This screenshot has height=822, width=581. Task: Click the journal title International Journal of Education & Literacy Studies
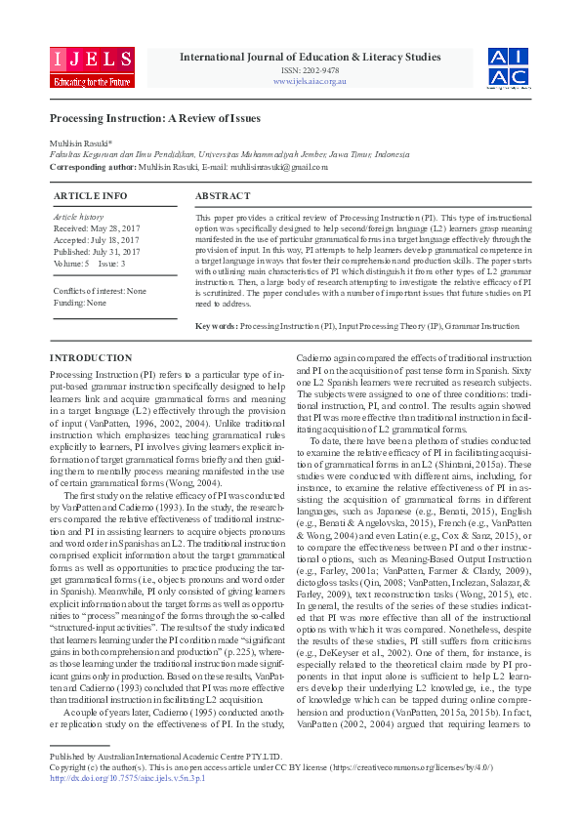[311, 57]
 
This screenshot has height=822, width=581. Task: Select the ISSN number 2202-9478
[311, 70]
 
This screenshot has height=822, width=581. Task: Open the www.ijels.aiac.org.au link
[311, 81]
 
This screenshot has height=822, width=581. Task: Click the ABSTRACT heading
[223, 196]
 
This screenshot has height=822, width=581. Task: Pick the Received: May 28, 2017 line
[96, 226]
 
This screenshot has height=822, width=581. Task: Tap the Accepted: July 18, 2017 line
[96, 238]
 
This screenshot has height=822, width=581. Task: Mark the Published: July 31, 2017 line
[97, 251]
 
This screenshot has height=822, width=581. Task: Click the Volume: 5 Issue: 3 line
[89, 264]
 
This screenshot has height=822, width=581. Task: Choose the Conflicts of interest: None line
[100, 291]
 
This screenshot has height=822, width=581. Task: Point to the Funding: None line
[80, 304]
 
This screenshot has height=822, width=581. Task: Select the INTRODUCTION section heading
[91, 358]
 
